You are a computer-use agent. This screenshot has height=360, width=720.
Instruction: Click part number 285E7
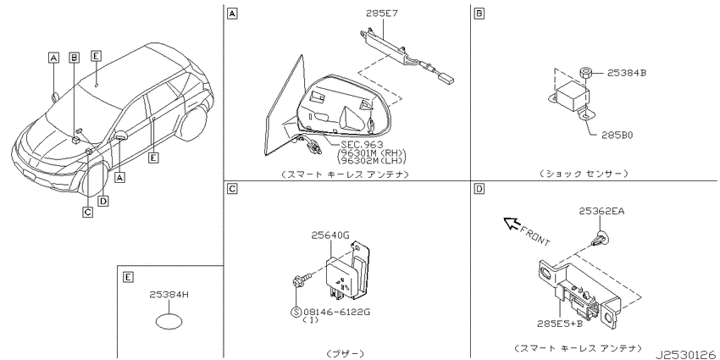click(x=381, y=14)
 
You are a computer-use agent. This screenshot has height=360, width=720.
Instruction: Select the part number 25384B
click(x=627, y=73)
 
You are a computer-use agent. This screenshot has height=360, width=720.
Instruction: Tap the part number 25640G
click(x=330, y=235)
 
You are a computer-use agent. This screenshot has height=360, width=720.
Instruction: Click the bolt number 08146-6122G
click(x=336, y=312)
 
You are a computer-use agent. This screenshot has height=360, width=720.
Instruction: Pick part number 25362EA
click(x=601, y=211)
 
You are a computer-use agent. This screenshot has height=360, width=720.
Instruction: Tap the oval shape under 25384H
click(x=169, y=321)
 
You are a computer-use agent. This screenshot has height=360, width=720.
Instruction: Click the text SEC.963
click(x=362, y=145)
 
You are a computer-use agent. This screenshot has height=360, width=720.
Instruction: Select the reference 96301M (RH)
click(x=372, y=152)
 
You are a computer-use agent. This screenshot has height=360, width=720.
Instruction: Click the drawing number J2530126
click(x=685, y=354)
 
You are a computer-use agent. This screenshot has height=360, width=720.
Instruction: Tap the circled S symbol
click(x=296, y=313)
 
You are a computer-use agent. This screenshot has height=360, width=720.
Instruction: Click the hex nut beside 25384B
click(x=585, y=73)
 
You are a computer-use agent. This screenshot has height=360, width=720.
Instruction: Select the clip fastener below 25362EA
click(x=600, y=239)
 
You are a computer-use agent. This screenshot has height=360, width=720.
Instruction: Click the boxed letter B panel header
click(x=479, y=14)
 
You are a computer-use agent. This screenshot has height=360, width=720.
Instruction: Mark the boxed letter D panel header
click(x=479, y=188)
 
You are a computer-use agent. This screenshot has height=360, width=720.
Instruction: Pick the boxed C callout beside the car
click(x=87, y=212)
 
